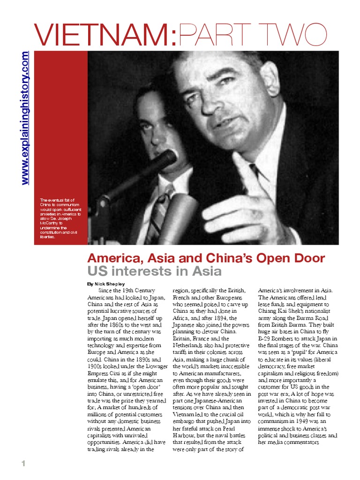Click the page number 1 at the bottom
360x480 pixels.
22,464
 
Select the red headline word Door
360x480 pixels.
307,258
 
